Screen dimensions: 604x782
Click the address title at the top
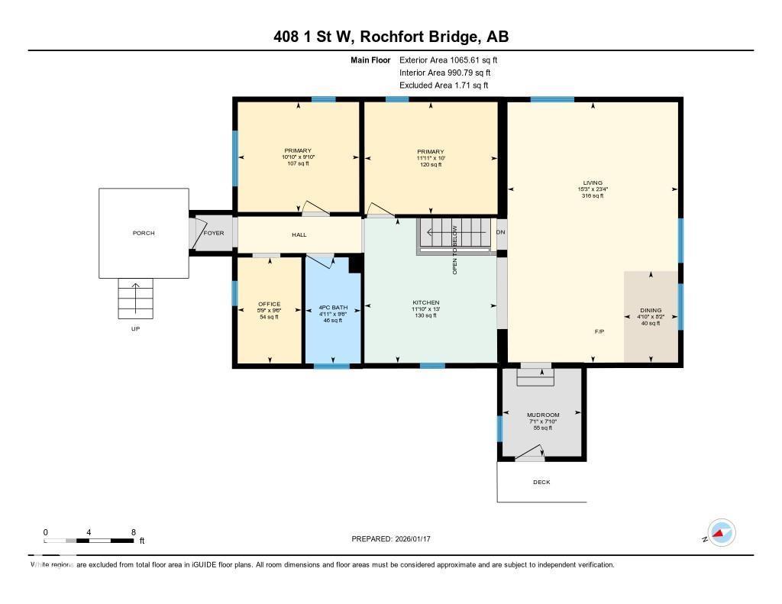click(x=391, y=37)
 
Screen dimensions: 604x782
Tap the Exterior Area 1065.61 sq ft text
click(x=448, y=60)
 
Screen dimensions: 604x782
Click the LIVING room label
click(x=593, y=183)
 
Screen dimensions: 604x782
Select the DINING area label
click(x=651, y=311)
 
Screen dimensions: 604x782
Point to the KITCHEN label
click(x=425, y=303)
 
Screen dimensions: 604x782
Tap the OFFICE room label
click(x=269, y=304)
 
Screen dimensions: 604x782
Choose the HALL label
click(x=299, y=234)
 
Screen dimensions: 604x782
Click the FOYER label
click(x=214, y=233)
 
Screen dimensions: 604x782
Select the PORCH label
click(x=144, y=233)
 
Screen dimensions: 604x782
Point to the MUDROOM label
click(x=543, y=415)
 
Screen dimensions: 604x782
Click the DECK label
click(x=541, y=482)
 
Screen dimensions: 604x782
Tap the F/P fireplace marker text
click(x=600, y=332)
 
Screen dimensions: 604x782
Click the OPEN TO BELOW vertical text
click(x=455, y=250)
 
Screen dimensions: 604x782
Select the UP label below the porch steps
click(x=135, y=328)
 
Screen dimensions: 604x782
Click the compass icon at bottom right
click(x=721, y=533)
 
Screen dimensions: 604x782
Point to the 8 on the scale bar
click(x=134, y=532)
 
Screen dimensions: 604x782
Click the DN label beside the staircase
click(x=501, y=232)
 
